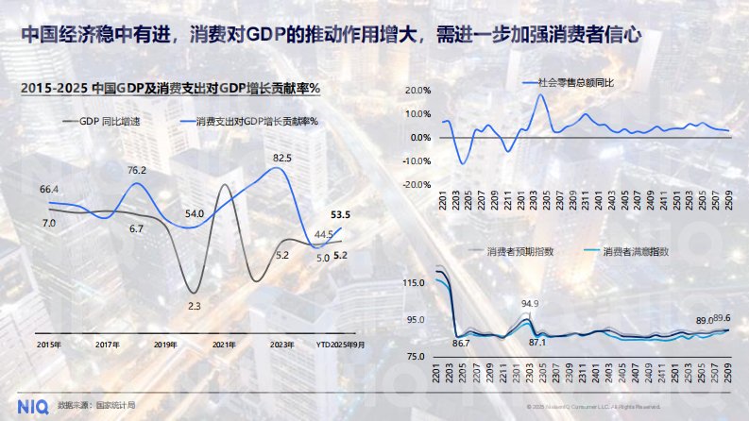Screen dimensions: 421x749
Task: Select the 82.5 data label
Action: click(281, 158)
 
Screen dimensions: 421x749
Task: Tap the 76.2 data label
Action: click(137, 171)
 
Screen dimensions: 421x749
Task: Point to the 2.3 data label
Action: click(195, 306)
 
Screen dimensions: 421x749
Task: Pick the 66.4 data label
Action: click(50, 190)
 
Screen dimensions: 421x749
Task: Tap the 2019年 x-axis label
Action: click(166, 345)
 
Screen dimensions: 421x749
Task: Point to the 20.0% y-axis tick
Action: click(417, 91)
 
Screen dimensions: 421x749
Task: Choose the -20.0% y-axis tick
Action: click(415, 185)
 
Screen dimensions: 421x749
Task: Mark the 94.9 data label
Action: click(530, 304)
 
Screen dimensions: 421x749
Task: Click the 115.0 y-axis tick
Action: click(413, 283)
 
